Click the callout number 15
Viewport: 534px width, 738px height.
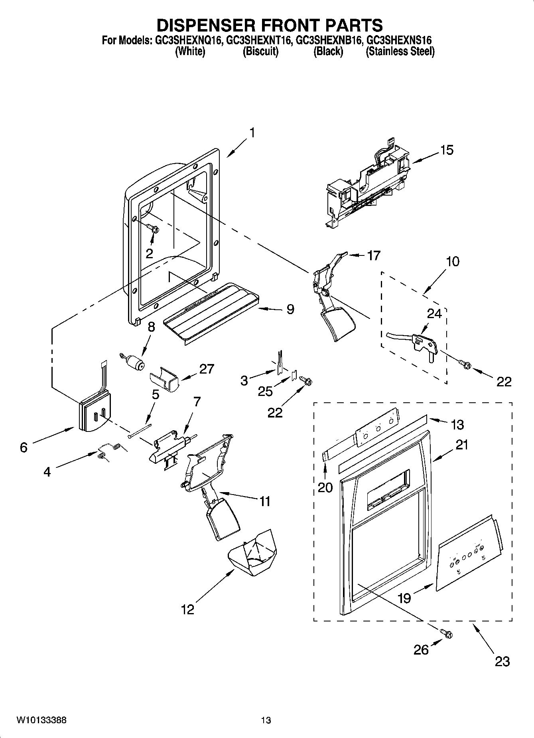447,150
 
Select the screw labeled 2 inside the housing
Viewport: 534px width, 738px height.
153,229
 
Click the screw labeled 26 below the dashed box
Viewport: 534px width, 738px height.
447,633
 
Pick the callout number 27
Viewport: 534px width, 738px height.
207,369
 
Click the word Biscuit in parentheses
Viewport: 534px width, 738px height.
260,51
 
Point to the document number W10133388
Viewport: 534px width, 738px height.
41,720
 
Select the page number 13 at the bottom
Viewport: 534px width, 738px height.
266,720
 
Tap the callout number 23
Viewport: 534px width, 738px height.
502,661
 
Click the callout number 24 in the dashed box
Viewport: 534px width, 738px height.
434,314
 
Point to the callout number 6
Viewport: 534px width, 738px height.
24,448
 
